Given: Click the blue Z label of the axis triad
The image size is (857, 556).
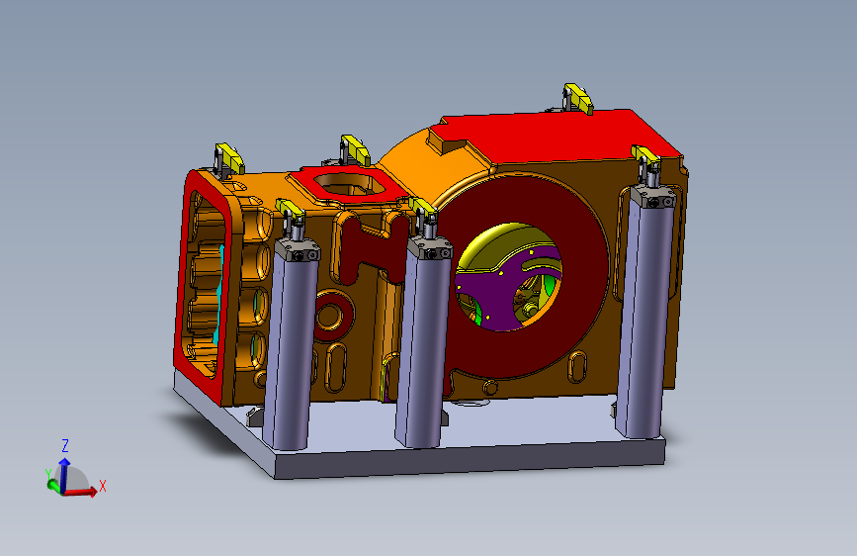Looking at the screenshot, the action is pyautogui.click(x=65, y=445).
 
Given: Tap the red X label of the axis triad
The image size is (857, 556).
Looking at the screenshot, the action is pyautogui.click(x=102, y=486).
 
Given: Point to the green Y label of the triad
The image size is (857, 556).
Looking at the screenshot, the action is pyautogui.click(x=48, y=474).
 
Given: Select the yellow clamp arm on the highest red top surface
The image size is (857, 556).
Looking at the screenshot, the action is pyautogui.click(x=578, y=98).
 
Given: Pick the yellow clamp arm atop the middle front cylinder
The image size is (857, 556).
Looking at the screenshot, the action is pyautogui.click(x=424, y=208).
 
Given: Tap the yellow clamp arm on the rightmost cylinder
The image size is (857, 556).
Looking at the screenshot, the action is pyautogui.click(x=645, y=155).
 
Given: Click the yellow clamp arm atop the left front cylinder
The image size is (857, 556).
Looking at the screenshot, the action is pyautogui.click(x=291, y=209).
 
